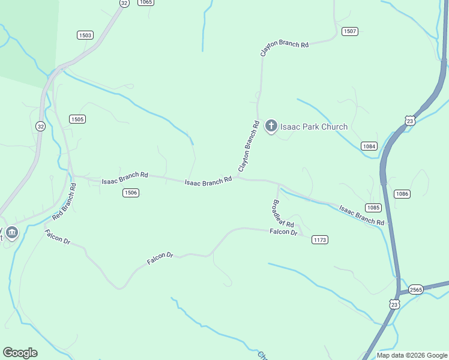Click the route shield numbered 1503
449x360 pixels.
(x=85, y=35)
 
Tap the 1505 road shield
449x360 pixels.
(x=77, y=119)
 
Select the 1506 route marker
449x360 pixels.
(x=131, y=193)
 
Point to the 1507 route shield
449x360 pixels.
(x=350, y=31)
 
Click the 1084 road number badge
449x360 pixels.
(x=369, y=146)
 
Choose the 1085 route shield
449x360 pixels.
(x=373, y=208)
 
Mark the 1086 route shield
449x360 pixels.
(x=402, y=194)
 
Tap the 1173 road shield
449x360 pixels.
(x=320, y=240)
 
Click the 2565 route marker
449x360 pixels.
(x=416, y=290)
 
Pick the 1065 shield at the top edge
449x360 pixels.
(x=145, y=2)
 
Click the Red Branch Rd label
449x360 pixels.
(x=65, y=201)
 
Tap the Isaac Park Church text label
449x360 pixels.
(x=314, y=127)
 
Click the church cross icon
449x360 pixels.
(x=271, y=126)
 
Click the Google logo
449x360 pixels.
(x=20, y=353)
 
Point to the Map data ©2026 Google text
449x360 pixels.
(x=412, y=355)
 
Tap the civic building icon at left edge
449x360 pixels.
(x=11, y=232)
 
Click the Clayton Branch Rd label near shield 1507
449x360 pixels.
(x=284, y=49)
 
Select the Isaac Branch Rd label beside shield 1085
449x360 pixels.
(x=361, y=215)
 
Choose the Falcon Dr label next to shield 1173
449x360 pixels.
(x=283, y=232)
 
